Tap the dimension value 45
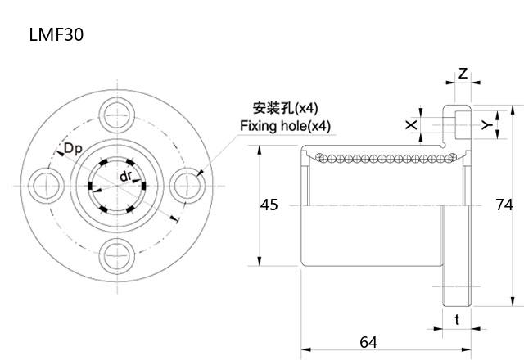[269, 205]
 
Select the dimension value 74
[504, 205]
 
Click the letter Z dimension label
[463, 74]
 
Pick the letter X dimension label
[411, 124]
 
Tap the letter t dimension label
[457, 320]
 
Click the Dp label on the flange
[72, 149]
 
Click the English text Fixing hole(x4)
[285, 126]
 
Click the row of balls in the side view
[377, 156]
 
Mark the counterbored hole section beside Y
[456, 124]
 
